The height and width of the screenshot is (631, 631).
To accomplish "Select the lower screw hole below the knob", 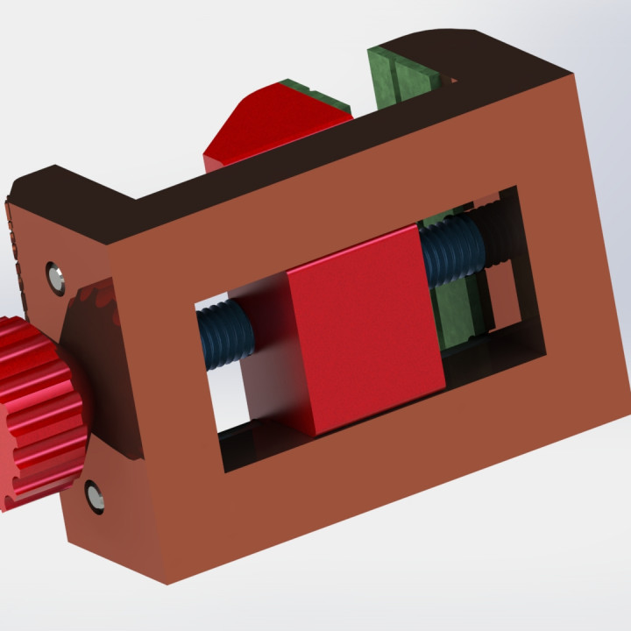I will point(94,496).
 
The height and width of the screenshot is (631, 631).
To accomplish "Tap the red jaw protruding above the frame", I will point(272,131).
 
